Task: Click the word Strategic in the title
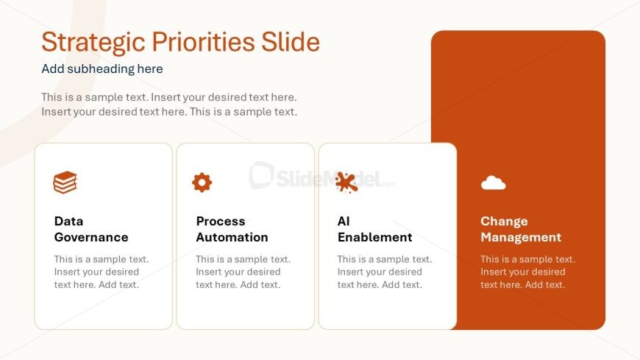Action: pos(93,43)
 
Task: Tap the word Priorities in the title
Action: pos(203,43)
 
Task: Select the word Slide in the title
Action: pos(290,42)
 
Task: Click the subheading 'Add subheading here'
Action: pos(102,68)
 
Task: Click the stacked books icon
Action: pos(65,183)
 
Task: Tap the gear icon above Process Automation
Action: pos(202,183)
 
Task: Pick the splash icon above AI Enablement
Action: pos(346,182)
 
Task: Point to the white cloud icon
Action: pos(493,183)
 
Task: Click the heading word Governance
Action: pos(91,237)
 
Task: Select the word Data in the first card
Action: pos(68,221)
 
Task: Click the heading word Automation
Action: pos(232,237)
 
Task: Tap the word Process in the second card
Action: pos(221,221)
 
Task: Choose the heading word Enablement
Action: pos(374,237)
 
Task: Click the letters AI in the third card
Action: pos(344,221)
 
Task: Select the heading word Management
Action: pos(521,237)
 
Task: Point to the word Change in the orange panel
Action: pos(504,221)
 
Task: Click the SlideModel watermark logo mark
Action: pos(262,175)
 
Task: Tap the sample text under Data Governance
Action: pos(102,272)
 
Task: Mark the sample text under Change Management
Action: pos(527,272)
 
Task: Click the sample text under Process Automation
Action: pos(243,272)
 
